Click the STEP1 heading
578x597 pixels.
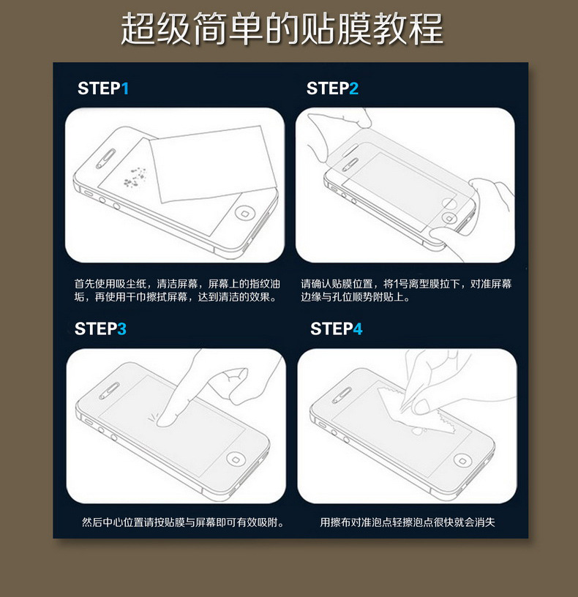pyautogui.click(x=103, y=89)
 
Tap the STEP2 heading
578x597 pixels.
pyautogui.click(x=332, y=89)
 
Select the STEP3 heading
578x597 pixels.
pyautogui.click(x=100, y=329)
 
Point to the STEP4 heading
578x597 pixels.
pyautogui.click(x=337, y=329)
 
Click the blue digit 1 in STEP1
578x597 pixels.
pyautogui.click(x=125, y=89)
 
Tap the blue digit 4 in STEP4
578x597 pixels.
pyautogui.click(x=358, y=329)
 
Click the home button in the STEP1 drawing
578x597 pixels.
pyautogui.click(x=244, y=212)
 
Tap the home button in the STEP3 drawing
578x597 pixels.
pyautogui.click(x=235, y=459)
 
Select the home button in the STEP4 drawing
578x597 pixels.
pyautogui.click(x=462, y=461)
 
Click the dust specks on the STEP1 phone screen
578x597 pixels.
pyautogui.click(x=135, y=177)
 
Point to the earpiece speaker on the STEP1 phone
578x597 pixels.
pyautogui.click(x=105, y=158)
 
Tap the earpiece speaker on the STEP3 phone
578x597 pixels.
pyautogui.click(x=109, y=391)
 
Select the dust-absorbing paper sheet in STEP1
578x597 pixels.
pyautogui.click(x=212, y=164)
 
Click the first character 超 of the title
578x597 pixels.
pyautogui.click(x=138, y=29)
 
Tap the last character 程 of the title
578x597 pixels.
pyautogui.click(x=427, y=29)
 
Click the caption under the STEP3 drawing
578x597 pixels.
pyautogui.click(x=183, y=522)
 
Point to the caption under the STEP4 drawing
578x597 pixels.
pyautogui.click(x=407, y=522)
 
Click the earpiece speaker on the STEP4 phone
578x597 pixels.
pyautogui.click(x=342, y=396)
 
